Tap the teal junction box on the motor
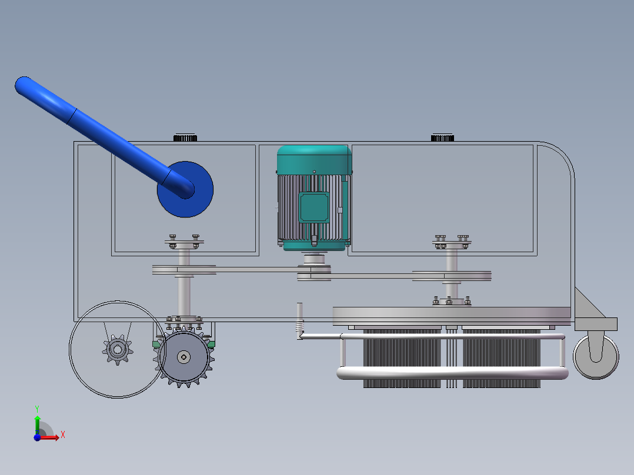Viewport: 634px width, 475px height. pyautogui.click(x=314, y=208)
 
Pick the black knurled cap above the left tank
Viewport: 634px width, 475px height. pyautogui.click(x=185, y=138)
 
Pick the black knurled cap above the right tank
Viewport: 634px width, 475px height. pyautogui.click(x=442, y=138)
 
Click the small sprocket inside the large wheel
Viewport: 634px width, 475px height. pyautogui.click(x=118, y=350)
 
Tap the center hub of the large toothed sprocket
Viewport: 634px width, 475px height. pyautogui.click(x=184, y=357)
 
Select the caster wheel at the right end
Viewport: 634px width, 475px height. pyautogui.click(x=596, y=357)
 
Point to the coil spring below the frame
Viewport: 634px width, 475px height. pyautogui.click(x=299, y=326)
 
